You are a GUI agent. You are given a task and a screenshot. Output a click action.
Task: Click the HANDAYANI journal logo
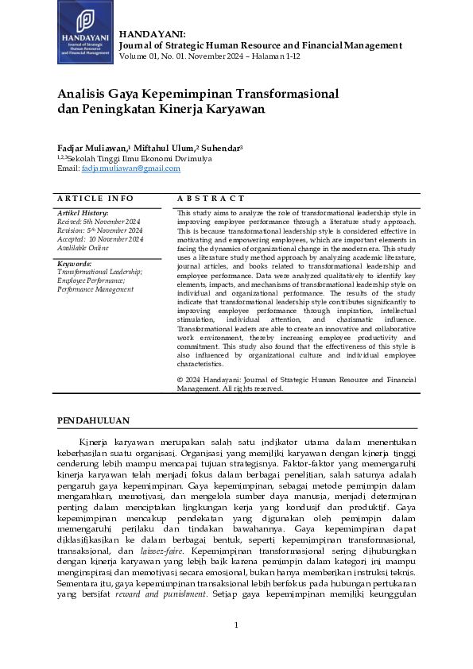click(85, 33)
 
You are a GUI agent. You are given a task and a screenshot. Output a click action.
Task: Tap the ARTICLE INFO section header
click(95, 198)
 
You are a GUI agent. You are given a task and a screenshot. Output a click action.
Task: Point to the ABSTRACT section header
click(211, 198)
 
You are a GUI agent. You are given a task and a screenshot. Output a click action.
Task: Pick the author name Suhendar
click(219, 149)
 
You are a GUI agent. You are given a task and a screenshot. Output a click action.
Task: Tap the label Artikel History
click(83, 213)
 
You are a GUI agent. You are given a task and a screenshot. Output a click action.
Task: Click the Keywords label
click(75, 263)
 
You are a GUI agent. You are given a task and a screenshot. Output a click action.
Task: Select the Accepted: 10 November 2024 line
click(100, 238)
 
